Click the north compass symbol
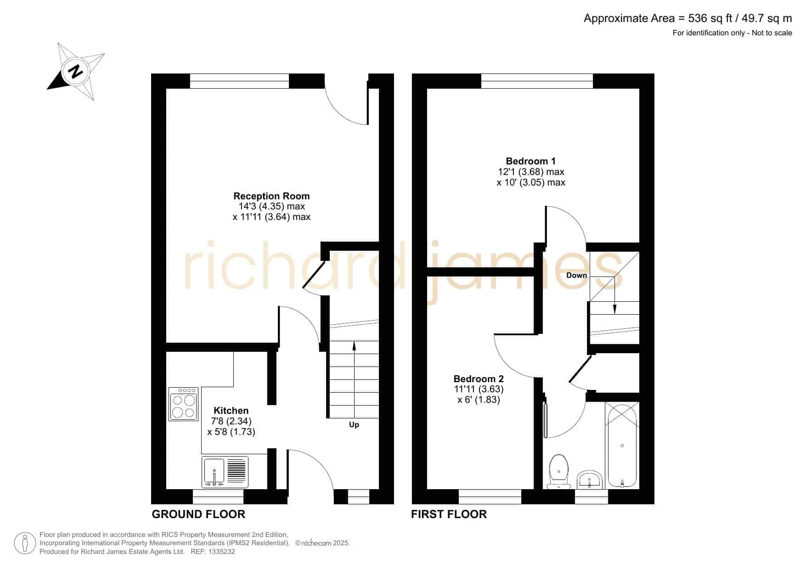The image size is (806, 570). [x=76, y=72]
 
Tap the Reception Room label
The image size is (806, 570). [x=271, y=196]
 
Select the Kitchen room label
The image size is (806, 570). [x=231, y=411]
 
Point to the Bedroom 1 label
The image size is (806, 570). [x=530, y=161]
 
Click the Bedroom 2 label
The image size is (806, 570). [x=479, y=379]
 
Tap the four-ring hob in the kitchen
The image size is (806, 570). [x=184, y=404]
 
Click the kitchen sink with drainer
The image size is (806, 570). [x=225, y=472]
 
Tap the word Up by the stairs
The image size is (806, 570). [x=354, y=425]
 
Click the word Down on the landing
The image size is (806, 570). [x=576, y=275]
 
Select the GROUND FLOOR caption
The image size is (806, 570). [x=198, y=514]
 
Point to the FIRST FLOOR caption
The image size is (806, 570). [x=449, y=514]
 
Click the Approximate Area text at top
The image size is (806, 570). [x=688, y=18]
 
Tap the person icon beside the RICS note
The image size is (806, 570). [x=25, y=543]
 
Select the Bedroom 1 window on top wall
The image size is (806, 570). [x=537, y=81]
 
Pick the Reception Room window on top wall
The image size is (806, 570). [x=239, y=81]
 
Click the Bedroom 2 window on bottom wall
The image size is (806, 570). [x=490, y=497]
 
